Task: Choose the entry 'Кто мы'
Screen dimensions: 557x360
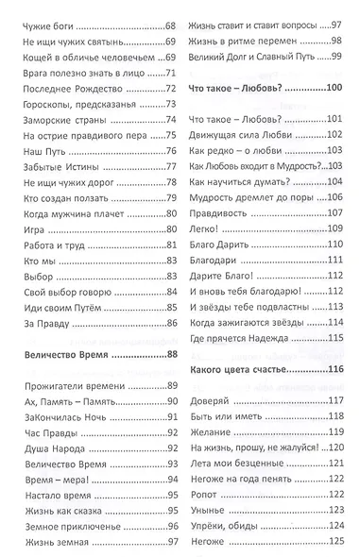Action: [35, 271]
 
